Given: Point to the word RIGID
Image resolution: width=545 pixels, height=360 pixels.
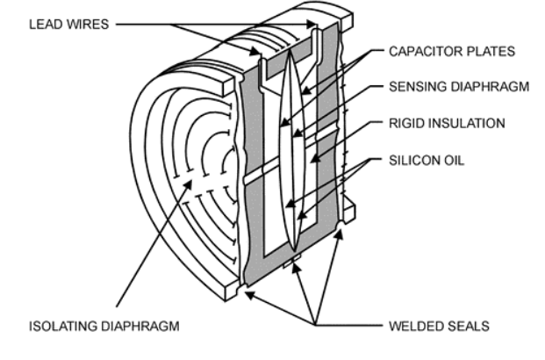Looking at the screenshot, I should [405, 123].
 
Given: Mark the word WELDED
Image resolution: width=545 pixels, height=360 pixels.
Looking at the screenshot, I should [414, 327].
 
